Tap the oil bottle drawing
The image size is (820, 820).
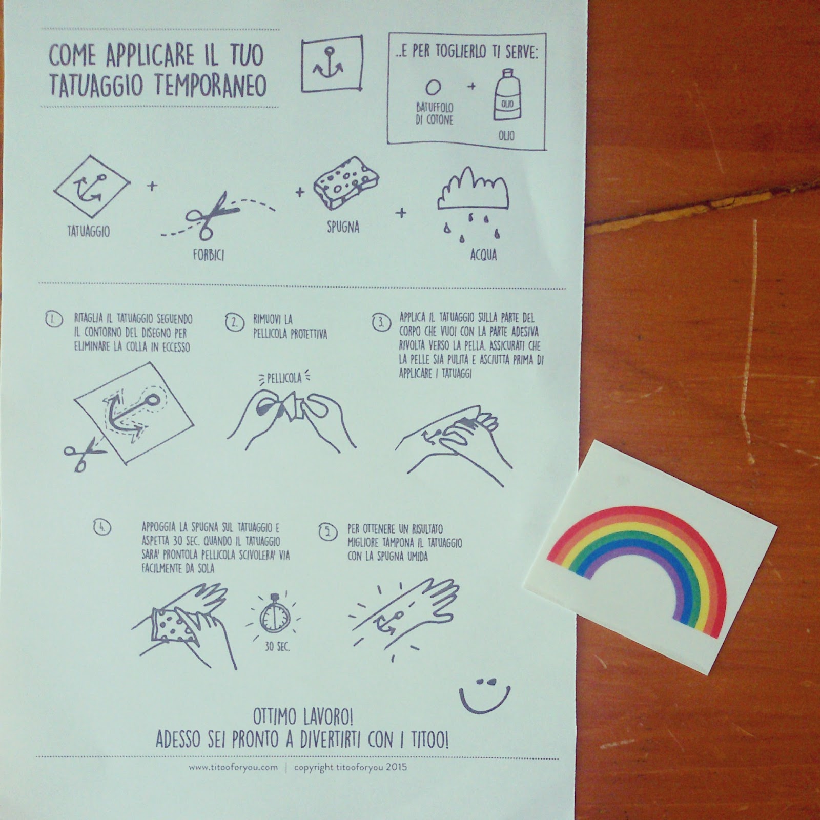(506, 97)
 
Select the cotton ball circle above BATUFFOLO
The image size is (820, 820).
(433, 87)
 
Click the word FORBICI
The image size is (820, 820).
(209, 254)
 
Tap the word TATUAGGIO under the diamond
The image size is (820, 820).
(89, 232)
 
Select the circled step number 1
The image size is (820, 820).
(53, 320)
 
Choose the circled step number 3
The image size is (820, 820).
(381, 323)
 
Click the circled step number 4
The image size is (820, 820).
(102, 527)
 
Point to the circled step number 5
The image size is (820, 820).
(327, 532)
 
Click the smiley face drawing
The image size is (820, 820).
(484, 695)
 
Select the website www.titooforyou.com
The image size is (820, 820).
(233, 767)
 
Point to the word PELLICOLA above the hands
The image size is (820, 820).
(284, 378)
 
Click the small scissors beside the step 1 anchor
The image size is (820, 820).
(82, 453)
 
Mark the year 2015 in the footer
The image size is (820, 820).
(397, 767)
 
